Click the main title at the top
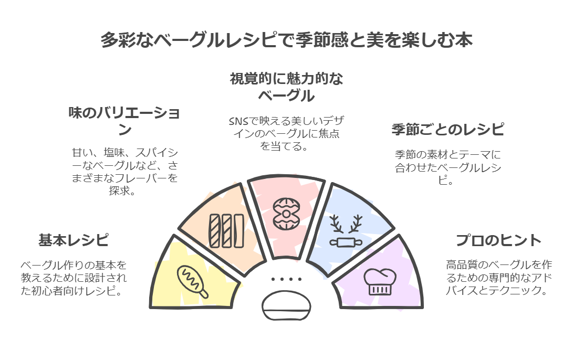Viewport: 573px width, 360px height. (x=286, y=40)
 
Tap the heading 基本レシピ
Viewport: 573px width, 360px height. (x=74, y=240)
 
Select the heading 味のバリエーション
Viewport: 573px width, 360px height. (x=124, y=121)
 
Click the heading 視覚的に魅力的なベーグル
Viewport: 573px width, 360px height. (x=286, y=88)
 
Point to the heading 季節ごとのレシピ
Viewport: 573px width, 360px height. (x=447, y=129)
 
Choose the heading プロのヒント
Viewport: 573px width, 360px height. (x=498, y=240)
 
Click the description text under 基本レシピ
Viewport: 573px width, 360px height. (x=74, y=278)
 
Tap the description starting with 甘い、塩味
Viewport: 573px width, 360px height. (x=124, y=172)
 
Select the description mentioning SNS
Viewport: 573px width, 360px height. (x=286, y=133)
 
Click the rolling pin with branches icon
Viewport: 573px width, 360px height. (x=346, y=231)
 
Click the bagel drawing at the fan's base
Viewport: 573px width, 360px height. (x=286, y=307)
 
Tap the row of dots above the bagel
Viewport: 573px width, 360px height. (x=286, y=279)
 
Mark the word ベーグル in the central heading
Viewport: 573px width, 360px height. (x=286, y=97)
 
